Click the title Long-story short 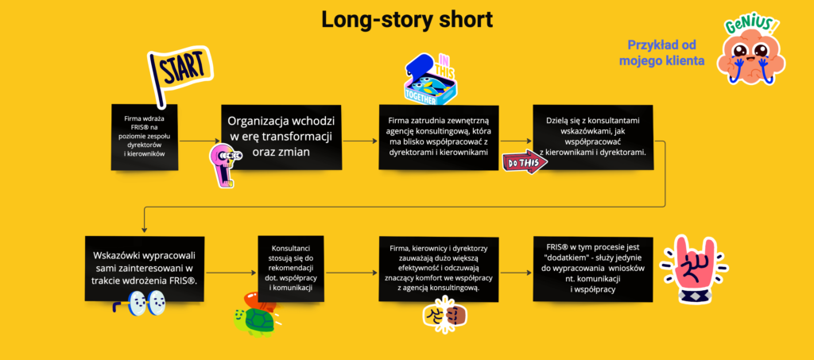coord(406,19)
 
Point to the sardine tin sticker coord(430,79)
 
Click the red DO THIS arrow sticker coord(525,162)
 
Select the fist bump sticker coord(445,314)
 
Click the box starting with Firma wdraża coord(145,137)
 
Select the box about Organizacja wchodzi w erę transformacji coord(281,137)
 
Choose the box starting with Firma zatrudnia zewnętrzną coord(439,137)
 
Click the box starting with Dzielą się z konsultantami coord(593,137)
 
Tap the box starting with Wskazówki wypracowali coord(145,269)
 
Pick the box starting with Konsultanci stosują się coord(291,269)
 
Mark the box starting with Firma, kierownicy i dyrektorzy coord(439,269)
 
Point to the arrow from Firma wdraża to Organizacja coord(200,140)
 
